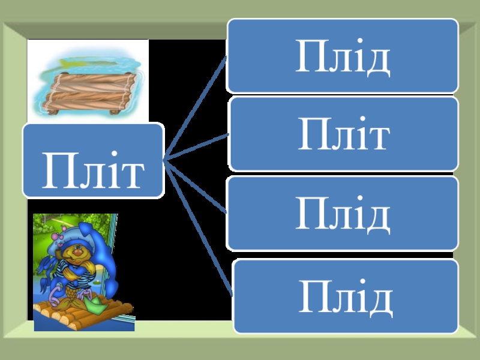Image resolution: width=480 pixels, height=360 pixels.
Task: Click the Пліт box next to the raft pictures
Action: point(93,160)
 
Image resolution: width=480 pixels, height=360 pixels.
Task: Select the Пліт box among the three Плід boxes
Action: point(343,134)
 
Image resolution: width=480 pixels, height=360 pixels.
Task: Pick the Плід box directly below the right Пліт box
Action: point(343,213)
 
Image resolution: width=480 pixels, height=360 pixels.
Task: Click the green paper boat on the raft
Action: point(97,303)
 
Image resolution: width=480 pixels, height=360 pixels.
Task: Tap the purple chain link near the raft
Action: point(54,294)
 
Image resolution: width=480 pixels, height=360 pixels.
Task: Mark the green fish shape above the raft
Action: point(84,61)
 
